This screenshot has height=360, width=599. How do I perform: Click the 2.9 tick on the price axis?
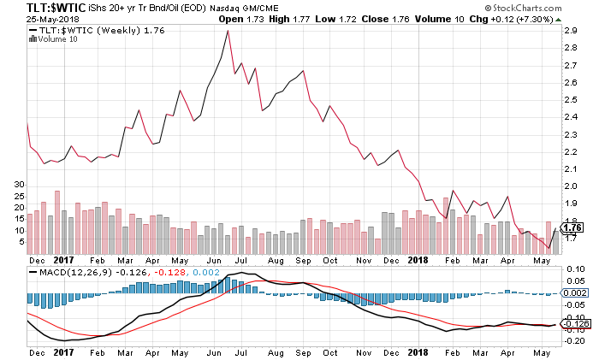point(572,30)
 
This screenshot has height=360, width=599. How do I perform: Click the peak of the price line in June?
point(228,31)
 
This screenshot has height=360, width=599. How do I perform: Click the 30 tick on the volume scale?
point(10,184)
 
